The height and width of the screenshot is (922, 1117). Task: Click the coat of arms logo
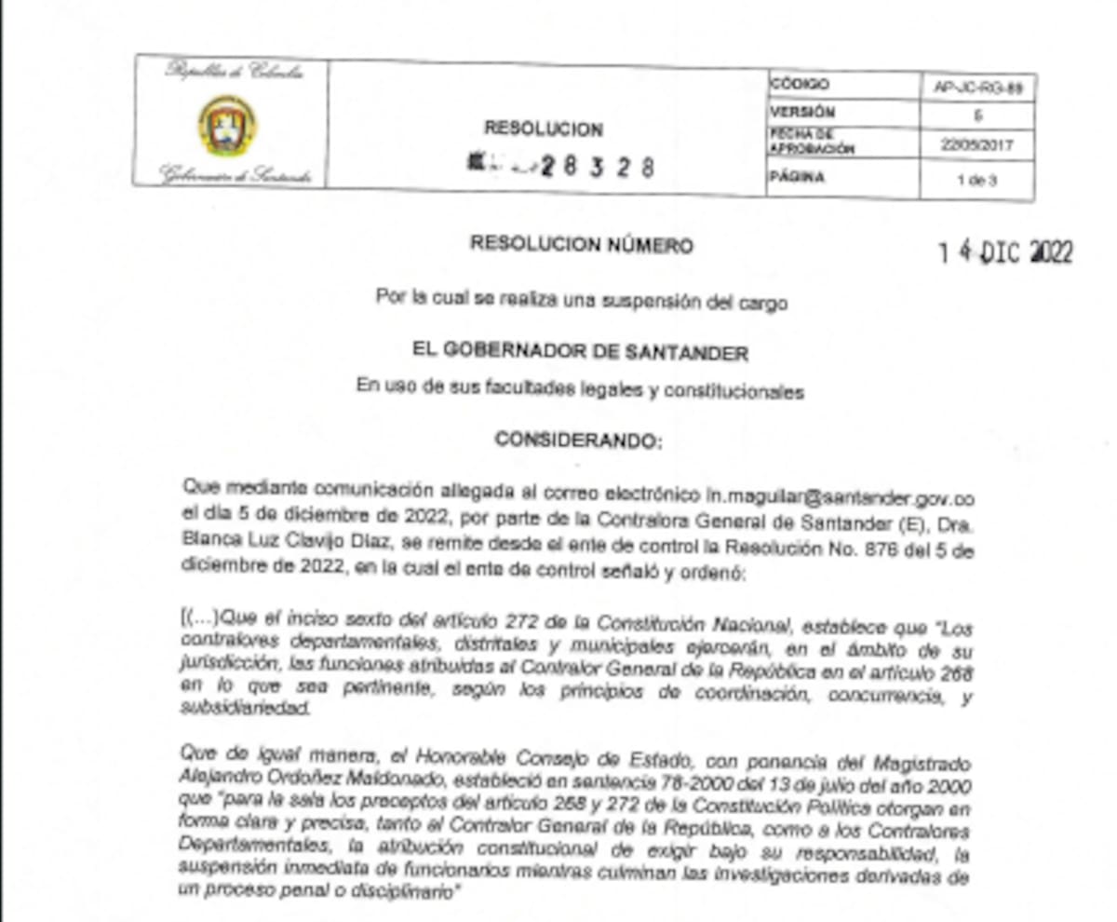tap(227, 125)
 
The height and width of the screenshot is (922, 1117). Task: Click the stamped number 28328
tap(596, 167)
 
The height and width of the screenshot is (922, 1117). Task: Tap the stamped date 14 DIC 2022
tap(1005, 252)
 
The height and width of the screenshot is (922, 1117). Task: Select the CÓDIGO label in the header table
tap(799, 85)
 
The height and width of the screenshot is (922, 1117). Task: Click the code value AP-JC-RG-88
tap(976, 88)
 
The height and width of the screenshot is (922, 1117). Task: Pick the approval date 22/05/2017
tap(976, 145)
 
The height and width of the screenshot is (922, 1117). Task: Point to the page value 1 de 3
tap(976, 180)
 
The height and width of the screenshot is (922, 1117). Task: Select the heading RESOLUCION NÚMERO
tap(581, 245)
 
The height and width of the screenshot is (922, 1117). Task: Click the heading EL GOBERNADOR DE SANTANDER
tap(580, 352)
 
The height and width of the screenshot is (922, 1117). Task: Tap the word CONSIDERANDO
tap(578, 440)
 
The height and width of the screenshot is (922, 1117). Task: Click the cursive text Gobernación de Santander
tap(235, 174)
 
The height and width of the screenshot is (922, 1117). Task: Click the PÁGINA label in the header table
tap(797, 177)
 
